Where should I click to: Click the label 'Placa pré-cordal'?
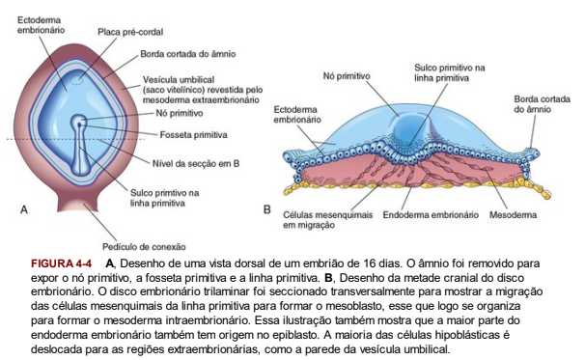tap(122, 32)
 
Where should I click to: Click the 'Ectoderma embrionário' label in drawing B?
tap(298, 114)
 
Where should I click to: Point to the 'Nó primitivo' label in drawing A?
tap(177, 112)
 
